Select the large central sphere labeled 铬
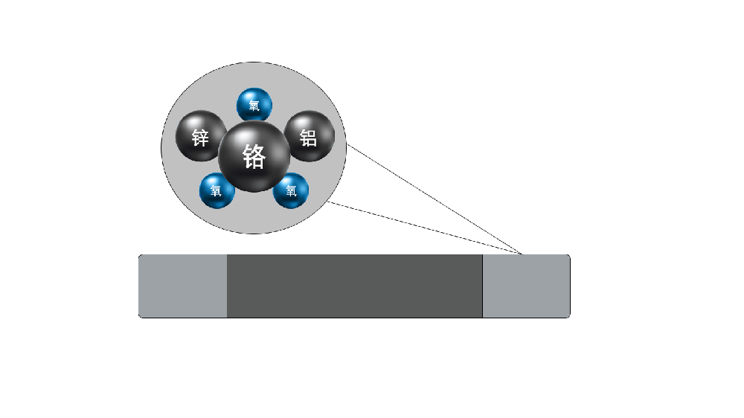(254, 156)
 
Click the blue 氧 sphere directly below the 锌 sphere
(217, 190)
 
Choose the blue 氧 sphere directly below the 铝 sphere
(292, 190)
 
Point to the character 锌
(200, 138)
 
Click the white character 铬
(254, 157)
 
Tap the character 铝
(307, 138)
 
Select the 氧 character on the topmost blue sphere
(254, 106)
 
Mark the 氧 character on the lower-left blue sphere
(217, 191)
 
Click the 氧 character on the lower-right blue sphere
(292, 191)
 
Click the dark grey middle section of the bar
(354, 286)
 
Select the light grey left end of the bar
(183, 286)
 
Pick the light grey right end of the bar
(526, 286)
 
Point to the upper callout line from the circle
(435, 199)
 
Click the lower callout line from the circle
(424, 228)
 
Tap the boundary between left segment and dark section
(227, 286)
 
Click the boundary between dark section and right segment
(483, 286)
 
